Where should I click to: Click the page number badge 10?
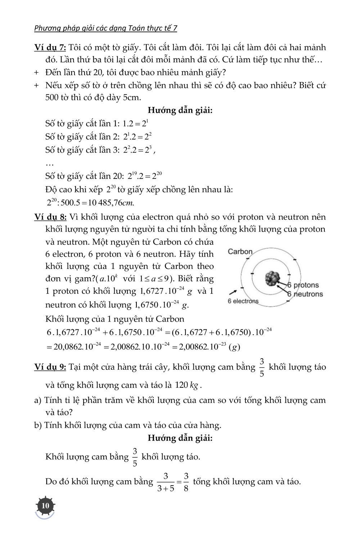tap(45, 506)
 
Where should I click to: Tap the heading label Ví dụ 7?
tap(50, 48)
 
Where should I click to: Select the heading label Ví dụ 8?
tap(50, 217)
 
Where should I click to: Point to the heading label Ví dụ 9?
tap(50, 367)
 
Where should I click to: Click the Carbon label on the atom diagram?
tap(240, 252)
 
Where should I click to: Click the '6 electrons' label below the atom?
tap(243, 301)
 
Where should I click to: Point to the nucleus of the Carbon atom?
tap(272, 278)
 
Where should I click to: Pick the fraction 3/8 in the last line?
tap(186, 482)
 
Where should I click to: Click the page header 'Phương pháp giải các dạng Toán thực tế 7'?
tap(105, 28)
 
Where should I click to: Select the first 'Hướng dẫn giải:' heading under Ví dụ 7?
tap(180, 110)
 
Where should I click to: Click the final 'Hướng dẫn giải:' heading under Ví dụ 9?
tap(180, 438)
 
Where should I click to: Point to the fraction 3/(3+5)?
tap(166, 482)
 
